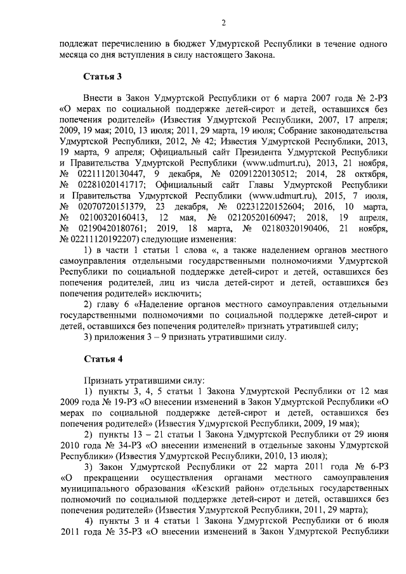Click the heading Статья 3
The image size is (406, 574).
coord(103,77)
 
